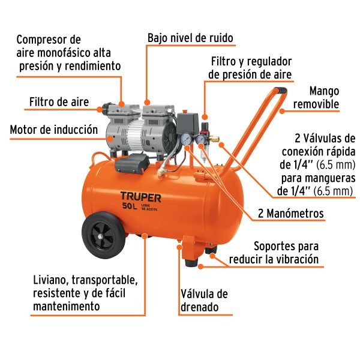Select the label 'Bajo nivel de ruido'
tap(190, 38)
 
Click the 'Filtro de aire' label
tap(59, 101)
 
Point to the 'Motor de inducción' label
tap(53, 129)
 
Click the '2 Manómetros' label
tap(290, 214)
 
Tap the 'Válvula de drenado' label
tap(204, 301)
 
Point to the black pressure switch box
tap(188, 124)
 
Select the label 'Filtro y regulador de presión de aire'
tap(250, 68)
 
